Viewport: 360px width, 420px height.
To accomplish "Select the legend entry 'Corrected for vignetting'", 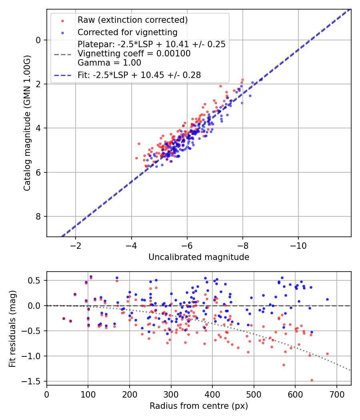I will pyautogui.click(x=128, y=32).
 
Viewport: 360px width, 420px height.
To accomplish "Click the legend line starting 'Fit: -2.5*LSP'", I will pyautogui.click(x=139, y=75).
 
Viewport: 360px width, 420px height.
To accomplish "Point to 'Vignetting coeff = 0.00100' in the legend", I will pyautogui.click(x=134, y=53).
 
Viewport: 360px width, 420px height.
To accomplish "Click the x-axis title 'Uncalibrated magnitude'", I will pyautogui.click(x=199, y=257).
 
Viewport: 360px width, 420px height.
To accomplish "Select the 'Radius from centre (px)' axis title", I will pyautogui.click(x=199, y=406).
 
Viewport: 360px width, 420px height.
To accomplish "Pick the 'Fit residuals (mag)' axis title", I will pyautogui.click(x=13, y=328).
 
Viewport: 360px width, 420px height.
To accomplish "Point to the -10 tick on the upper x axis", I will pyautogui.click(x=298, y=245).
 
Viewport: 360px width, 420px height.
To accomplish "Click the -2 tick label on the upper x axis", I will pyautogui.click(x=75, y=245).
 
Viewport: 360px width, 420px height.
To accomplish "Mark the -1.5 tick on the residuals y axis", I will pyautogui.click(x=36, y=381).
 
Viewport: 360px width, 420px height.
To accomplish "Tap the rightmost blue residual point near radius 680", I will pyautogui.click(x=327, y=299).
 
